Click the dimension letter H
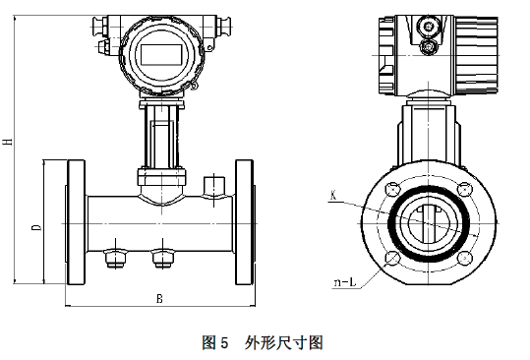pyautogui.click(x=9, y=141)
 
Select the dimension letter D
pyautogui.click(x=35, y=228)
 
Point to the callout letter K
pyautogui.click(x=334, y=196)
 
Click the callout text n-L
pyautogui.click(x=344, y=283)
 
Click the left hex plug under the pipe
pyautogui.click(x=112, y=258)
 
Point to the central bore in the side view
pyautogui.click(x=427, y=224)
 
